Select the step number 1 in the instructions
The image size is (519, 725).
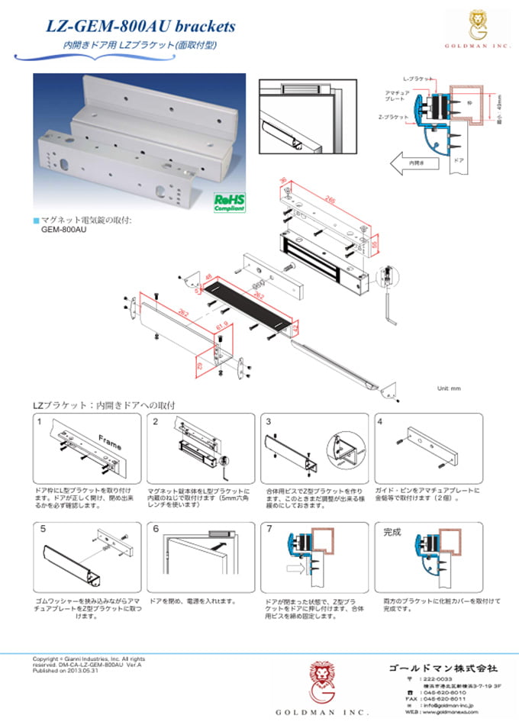(39, 421)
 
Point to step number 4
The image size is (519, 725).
(379, 421)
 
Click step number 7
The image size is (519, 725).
(269, 528)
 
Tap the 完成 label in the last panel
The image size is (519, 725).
(392, 531)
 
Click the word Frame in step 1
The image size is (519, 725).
(109, 439)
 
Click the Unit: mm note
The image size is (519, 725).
(450, 388)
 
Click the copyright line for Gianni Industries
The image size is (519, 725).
(88, 659)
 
